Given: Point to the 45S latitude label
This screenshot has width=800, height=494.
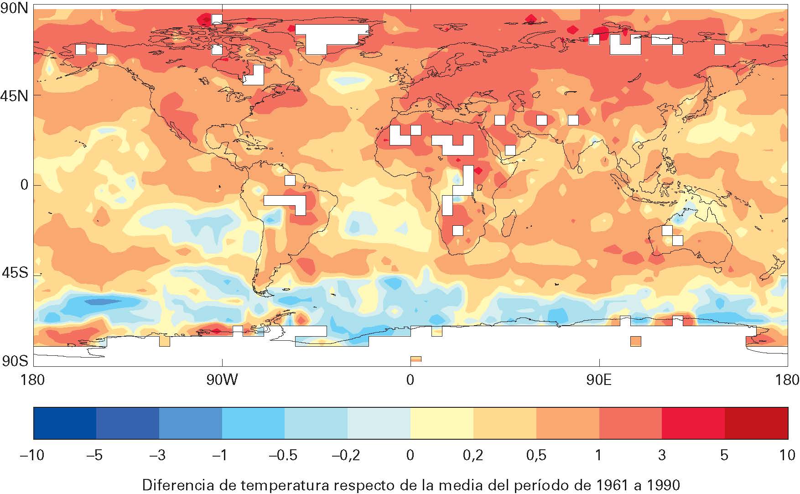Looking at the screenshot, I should click(x=15, y=274).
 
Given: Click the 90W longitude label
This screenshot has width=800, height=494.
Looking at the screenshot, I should click(x=222, y=380).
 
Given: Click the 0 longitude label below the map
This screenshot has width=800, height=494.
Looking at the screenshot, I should click(x=410, y=380).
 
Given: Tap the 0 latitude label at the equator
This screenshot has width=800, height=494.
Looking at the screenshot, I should click(x=24, y=185).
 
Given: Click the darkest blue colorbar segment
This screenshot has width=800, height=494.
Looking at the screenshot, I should click(x=65, y=423).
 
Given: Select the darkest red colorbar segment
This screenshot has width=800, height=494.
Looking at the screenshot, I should click(x=756, y=423).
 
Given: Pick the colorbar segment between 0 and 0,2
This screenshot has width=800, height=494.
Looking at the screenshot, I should click(x=442, y=423).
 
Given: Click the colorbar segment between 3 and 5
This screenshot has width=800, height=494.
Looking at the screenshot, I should click(x=693, y=423).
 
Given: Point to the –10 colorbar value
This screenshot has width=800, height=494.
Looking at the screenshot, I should click(x=32, y=455).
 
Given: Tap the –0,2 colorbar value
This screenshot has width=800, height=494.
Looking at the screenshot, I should click(x=347, y=455).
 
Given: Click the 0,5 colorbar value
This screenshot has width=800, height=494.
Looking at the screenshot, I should click(x=536, y=455).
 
